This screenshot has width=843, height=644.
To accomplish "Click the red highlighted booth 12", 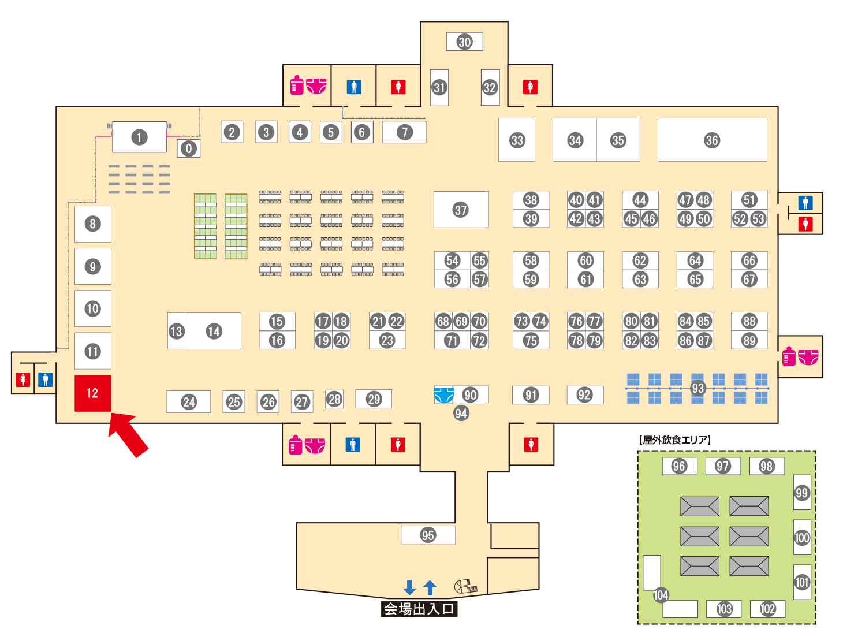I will tap(92, 393).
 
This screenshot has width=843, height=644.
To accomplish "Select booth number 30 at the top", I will tap(465, 42).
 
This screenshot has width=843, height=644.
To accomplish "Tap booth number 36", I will tap(712, 140).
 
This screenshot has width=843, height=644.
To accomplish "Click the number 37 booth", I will tap(461, 210).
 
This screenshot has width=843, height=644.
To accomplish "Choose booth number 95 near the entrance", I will tap(428, 535).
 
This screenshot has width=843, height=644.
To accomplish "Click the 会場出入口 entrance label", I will tap(419, 609).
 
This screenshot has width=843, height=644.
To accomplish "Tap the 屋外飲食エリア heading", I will tap(675, 440).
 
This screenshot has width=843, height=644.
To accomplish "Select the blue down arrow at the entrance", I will tap(409, 587).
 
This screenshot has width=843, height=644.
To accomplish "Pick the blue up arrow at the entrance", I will tap(430, 587).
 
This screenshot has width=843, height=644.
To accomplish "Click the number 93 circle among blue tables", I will tap(698, 388).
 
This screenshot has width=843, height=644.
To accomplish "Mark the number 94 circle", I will tap(461, 413).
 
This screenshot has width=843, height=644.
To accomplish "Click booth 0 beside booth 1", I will tap(189, 148).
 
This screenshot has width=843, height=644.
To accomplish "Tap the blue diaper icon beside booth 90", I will tap(443, 395).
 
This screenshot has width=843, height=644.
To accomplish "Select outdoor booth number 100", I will tap(802, 538).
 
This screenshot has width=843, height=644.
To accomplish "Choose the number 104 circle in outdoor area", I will tap(661, 595).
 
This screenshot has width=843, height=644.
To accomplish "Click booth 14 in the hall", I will tap(214, 331).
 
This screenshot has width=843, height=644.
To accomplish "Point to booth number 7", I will tap(405, 132).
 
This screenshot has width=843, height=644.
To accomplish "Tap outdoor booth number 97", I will tap(723, 466).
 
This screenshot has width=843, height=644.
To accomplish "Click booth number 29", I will tap(374, 399).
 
